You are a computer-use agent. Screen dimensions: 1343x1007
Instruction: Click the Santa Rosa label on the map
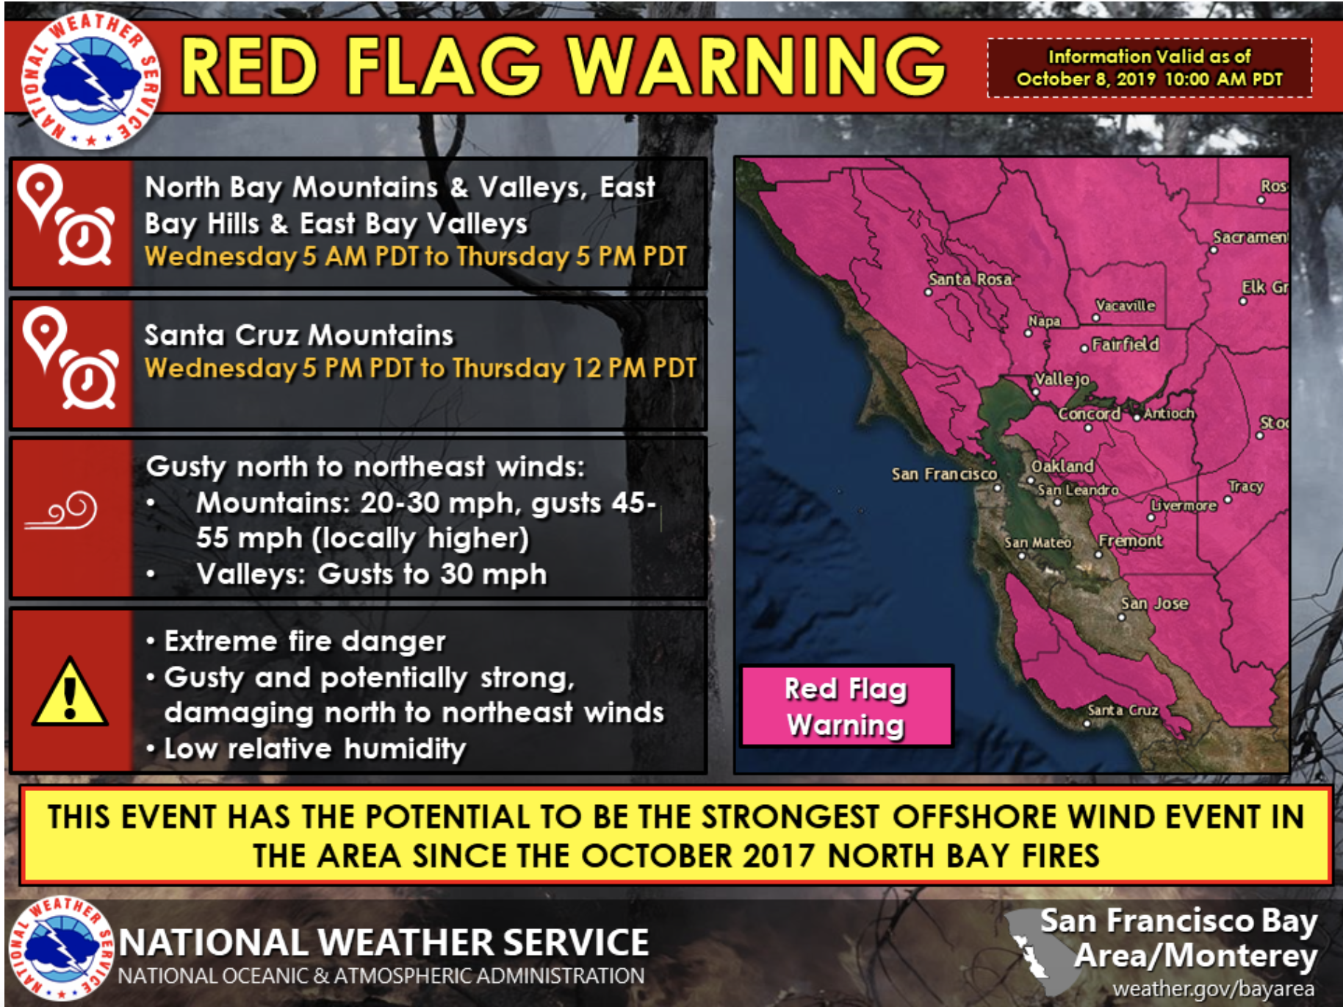(x=971, y=279)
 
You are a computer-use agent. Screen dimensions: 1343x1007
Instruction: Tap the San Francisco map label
(x=944, y=474)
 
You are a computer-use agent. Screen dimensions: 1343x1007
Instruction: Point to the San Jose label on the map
(x=1154, y=603)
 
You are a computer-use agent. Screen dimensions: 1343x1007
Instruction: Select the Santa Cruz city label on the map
(x=1123, y=710)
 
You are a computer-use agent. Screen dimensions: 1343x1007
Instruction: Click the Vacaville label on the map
(x=1126, y=305)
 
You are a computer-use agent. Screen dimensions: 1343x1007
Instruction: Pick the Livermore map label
(x=1184, y=506)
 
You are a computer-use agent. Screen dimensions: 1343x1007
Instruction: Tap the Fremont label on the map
(x=1131, y=541)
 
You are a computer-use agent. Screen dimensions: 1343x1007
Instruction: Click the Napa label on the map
(x=1044, y=321)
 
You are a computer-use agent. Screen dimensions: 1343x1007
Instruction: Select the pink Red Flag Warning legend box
(x=846, y=706)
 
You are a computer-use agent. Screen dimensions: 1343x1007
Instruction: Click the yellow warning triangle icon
(x=70, y=692)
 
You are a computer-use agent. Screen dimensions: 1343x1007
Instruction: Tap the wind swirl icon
(x=61, y=510)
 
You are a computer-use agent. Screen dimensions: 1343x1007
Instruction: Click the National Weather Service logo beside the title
(x=90, y=79)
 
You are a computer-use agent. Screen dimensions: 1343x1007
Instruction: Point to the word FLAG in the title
(x=444, y=66)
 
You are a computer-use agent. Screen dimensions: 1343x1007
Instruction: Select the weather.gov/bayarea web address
(x=1214, y=989)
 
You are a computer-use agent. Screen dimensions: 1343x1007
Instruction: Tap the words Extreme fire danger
(x=305, y=641)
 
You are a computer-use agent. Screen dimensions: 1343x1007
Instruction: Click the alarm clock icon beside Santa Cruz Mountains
(x=89, y=379)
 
